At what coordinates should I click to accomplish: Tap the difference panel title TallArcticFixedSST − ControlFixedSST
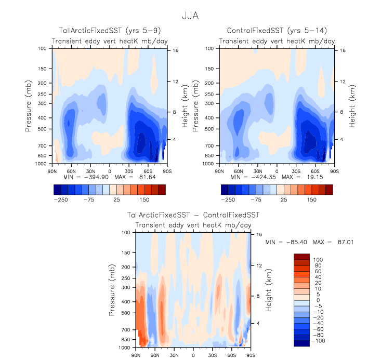[193, 215]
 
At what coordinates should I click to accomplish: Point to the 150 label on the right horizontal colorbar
[312, 199]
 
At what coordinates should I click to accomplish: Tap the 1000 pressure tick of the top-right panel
[213, 164]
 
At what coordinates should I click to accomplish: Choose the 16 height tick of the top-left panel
[175, 50]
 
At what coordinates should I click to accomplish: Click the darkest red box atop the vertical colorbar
[302, 257]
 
